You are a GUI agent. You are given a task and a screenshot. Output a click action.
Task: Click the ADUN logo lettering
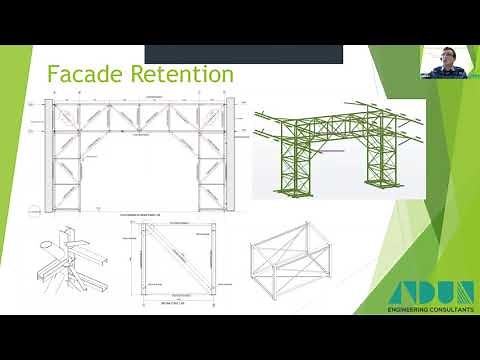431,297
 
